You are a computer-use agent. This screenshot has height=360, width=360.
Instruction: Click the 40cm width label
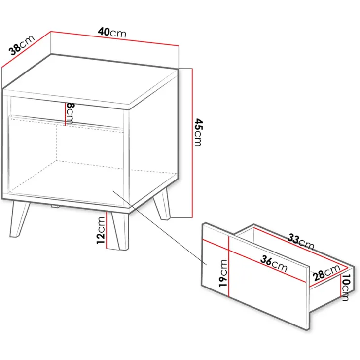click(x=112, y=33)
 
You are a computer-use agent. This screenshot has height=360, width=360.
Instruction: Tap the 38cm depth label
click(x=22, y=45)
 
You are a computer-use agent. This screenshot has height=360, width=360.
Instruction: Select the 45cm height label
click(x=198, y=133)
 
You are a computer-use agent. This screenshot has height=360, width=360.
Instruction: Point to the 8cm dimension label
click(x=70, y=113)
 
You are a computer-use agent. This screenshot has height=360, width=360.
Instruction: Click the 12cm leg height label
click(x=101, y=230)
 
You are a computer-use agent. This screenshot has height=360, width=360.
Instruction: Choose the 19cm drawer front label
click(x=223, y=273)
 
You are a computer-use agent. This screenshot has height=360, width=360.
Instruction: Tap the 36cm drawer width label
click(x=274, y=264)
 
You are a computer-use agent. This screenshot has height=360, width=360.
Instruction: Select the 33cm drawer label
click(x=301, y=242)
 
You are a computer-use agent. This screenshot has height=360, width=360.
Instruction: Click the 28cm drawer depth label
click(x=326, y=273)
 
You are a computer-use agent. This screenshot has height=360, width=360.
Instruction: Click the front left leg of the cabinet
click(x=19, y=219)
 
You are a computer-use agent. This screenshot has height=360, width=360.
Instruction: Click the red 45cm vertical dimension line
click(x=192, y=143)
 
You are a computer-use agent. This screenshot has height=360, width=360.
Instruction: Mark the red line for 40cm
click(x=114, y=38)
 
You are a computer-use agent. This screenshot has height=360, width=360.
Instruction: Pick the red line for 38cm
click(x=26, y=49)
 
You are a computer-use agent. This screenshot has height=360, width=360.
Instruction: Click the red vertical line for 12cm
click(x=107, y=230)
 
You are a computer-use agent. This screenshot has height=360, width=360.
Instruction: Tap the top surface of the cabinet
click(x=90, y=82)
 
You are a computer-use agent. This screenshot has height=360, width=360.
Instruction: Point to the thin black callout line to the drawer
click(x=160, y=228)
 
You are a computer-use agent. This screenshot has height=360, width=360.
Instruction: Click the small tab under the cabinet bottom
click(x=55, y=207)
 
